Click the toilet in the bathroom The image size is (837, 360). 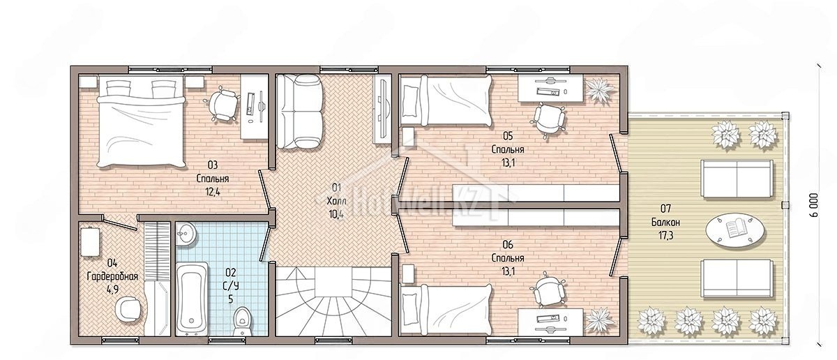(242, 322)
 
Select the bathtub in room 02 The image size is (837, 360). (192, 299)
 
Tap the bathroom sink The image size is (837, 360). (186, 234)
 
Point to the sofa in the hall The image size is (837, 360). (299, 112)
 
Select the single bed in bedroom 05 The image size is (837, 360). (446, 100)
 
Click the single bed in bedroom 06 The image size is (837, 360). (446, 308)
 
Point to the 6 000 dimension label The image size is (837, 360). (822, 205)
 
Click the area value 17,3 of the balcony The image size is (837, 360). (665, 236)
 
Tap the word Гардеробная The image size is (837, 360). (112, 276)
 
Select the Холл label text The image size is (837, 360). (336, 201)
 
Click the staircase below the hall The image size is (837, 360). (333, 301)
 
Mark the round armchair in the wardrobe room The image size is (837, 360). (128, 309)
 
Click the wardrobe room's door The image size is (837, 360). (119, 223)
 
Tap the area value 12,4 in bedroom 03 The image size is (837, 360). (213, 192)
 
